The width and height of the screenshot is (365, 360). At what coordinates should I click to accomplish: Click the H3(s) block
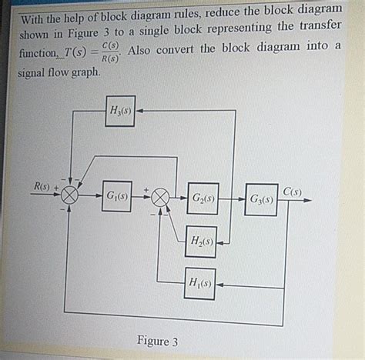click(119, 111)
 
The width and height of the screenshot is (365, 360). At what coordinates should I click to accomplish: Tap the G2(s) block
click(203, 198)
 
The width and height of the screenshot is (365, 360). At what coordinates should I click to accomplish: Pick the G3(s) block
click(261, 199)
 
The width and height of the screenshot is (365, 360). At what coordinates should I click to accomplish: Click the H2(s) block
click(201, 242)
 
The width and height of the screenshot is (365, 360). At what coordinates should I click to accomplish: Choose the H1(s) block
click(200, 283)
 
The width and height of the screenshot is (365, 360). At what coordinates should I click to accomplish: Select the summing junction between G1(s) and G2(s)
click(159, 198)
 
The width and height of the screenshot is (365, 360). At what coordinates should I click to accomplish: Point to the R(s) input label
click(42, 186)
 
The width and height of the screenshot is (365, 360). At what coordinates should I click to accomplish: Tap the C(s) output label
click(293, 191)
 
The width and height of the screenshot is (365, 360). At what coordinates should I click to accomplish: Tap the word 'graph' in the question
click(82, 72)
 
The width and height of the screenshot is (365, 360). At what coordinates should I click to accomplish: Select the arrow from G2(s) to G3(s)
click(231, 199)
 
